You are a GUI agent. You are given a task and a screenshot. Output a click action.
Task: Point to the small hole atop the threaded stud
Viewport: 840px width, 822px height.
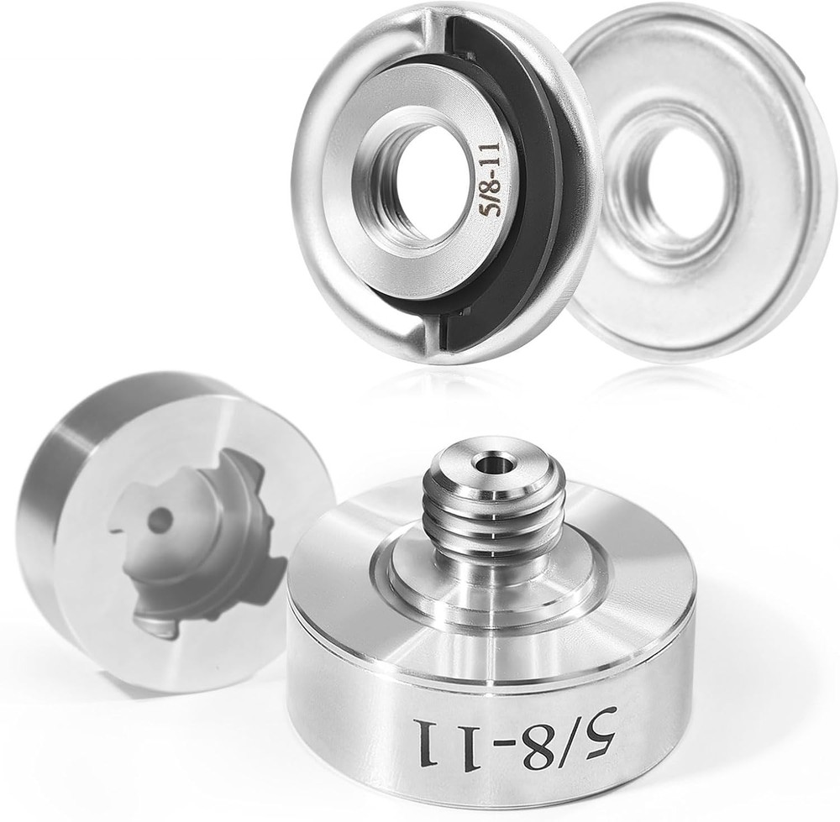point(488,463)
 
